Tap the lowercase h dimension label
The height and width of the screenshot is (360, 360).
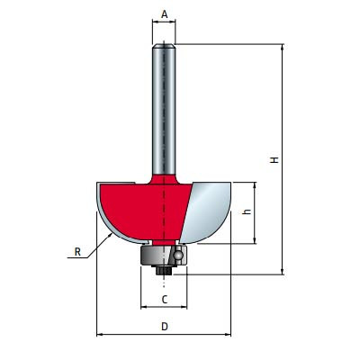point(248,212)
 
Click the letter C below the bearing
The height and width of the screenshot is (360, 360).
point(164,299)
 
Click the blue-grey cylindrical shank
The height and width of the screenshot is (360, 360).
point(164,108)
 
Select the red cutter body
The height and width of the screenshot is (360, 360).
point(144,207)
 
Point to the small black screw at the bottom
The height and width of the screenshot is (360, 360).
point(164,268)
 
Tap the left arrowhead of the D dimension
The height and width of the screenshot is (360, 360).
point(99,335)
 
